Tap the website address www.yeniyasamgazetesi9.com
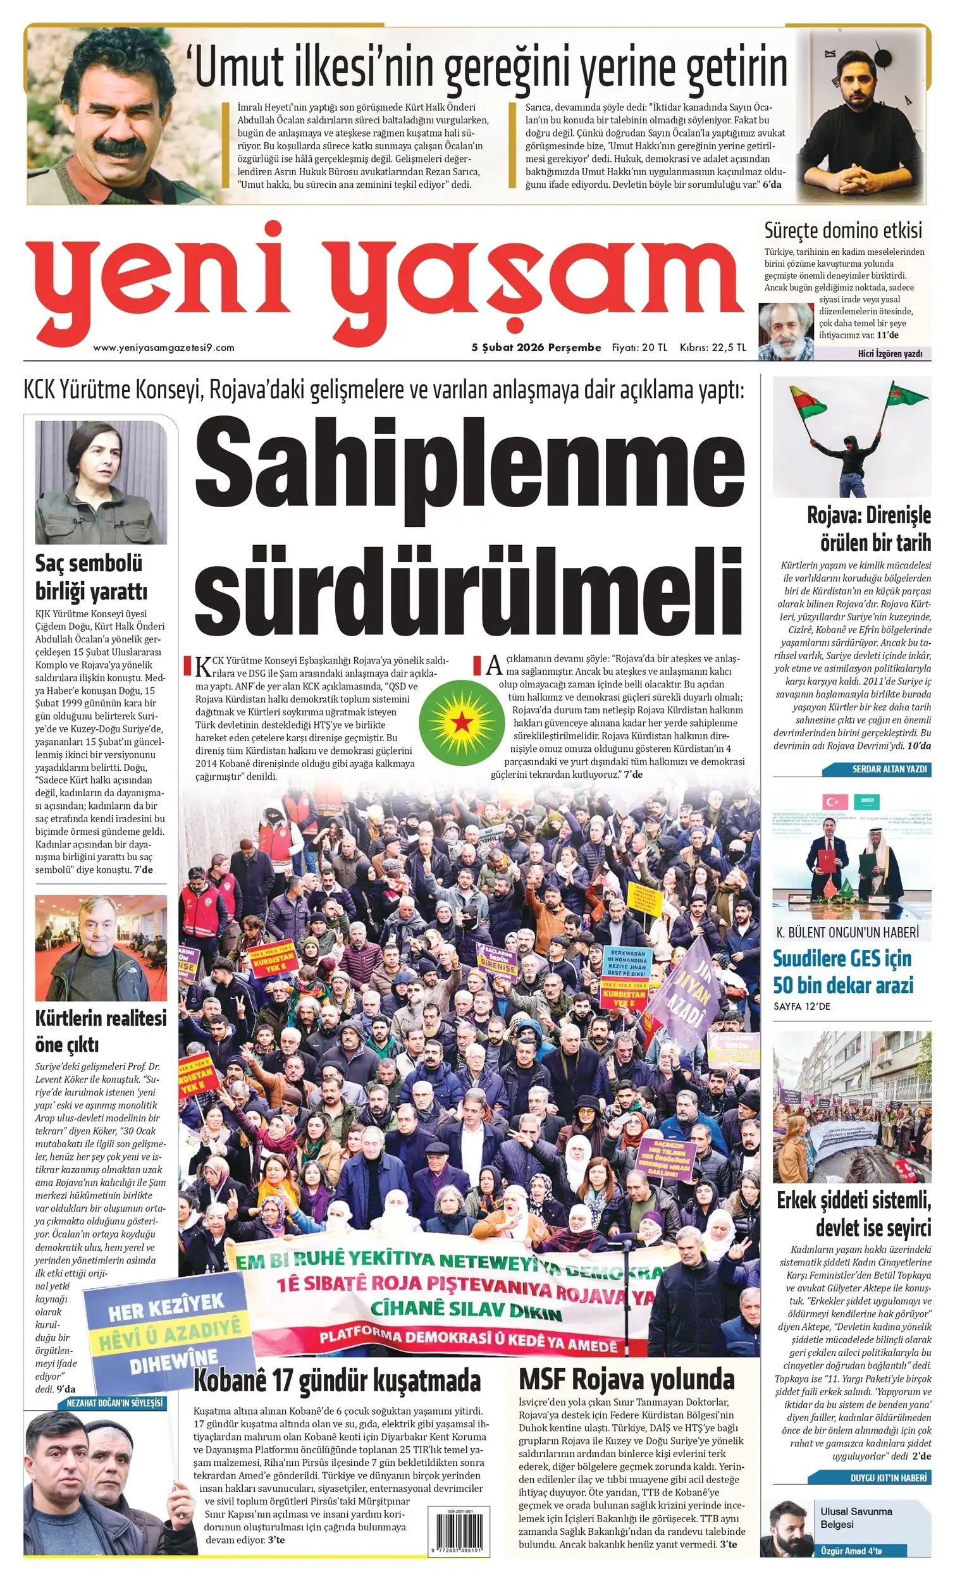coord(164,348)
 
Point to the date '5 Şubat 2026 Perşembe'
coord(536,348)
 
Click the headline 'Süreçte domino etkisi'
coord(842,230)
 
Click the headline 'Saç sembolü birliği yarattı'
coord(92,577)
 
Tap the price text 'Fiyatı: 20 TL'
coord(639,348)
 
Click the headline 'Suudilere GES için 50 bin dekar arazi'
coord(842,971)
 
